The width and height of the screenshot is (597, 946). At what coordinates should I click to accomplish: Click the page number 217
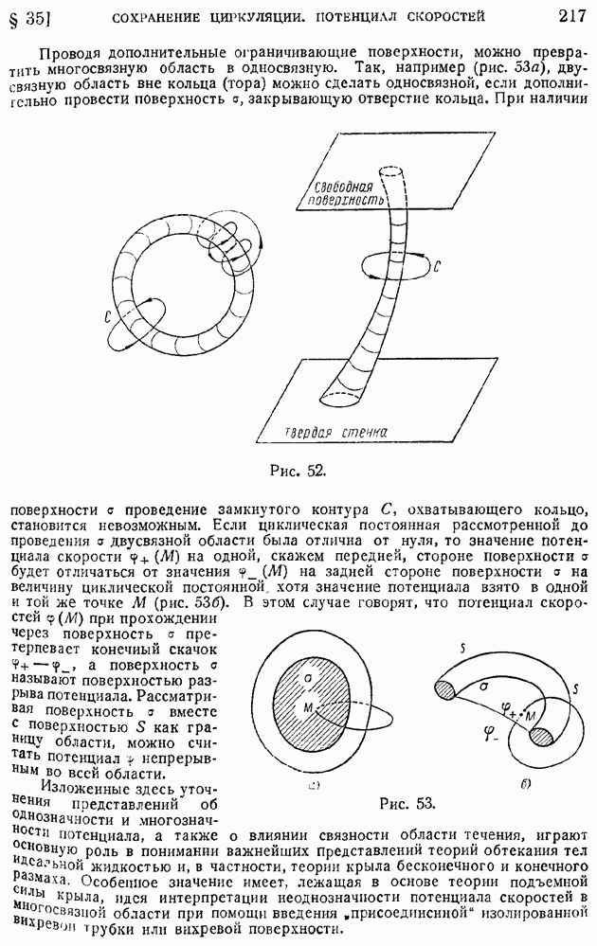coord(571,16)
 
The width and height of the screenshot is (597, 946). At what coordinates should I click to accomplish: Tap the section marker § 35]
coord(27,17)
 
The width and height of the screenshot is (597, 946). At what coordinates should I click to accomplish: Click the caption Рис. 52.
coord(298,468)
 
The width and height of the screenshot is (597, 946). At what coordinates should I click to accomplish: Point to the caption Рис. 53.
coord(407,803)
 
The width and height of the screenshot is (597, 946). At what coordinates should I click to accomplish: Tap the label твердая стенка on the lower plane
coord(340,433)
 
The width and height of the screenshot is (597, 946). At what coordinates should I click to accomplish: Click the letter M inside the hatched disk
coord(309,707)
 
